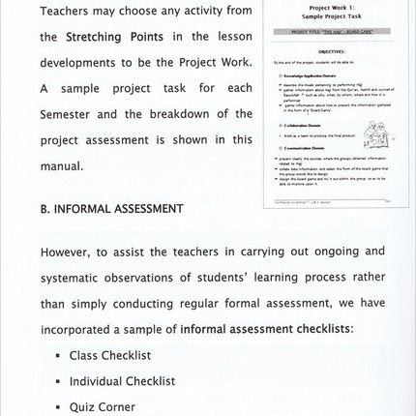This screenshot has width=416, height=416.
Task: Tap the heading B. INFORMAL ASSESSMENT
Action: [112, 208]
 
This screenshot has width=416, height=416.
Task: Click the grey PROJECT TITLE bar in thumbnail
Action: [330, 31]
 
